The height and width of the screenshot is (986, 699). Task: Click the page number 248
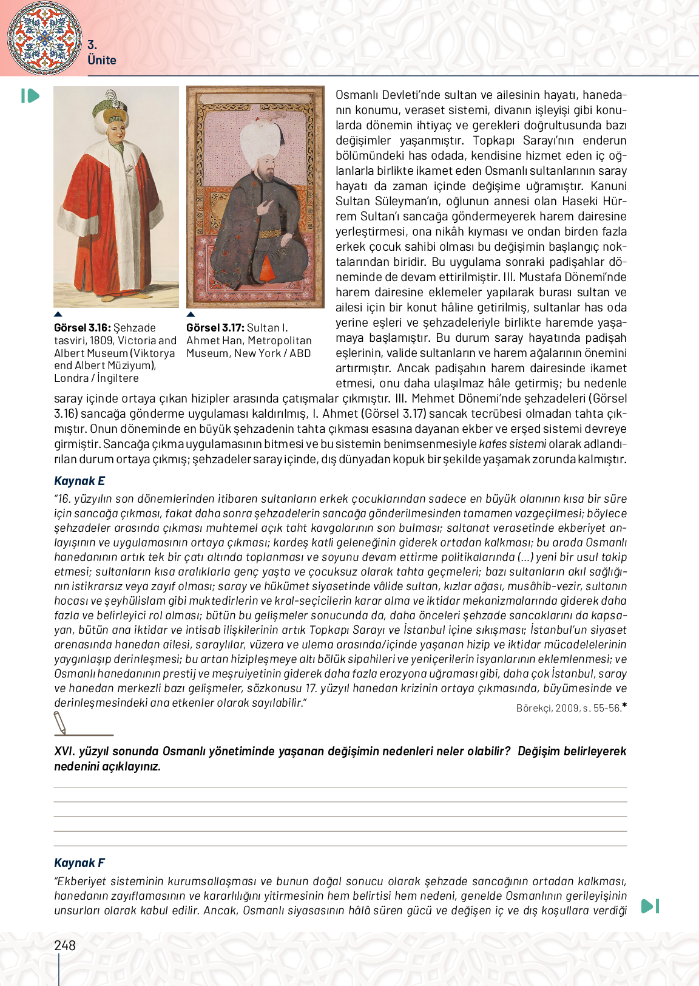pos(65,945)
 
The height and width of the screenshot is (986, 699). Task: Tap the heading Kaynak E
pos(79,481)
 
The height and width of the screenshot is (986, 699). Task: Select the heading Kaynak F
pos(79,863)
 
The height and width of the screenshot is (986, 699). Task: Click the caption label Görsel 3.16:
pos(82,328)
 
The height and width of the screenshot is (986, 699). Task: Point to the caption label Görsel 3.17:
pos(215,328)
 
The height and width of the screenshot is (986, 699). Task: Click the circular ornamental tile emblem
pos(44,38)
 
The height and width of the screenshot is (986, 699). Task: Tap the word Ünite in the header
pos(102,60)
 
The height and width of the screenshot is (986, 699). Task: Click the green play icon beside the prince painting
pos(30,96)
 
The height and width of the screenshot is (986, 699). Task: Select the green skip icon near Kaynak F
pos(650,906)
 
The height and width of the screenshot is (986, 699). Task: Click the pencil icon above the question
pos(60,722)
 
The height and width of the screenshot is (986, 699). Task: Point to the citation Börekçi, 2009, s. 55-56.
pos(569,708)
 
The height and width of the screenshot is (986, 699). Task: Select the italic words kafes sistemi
pos(512,444)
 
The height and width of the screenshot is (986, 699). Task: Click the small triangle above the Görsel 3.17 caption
pos(191,314)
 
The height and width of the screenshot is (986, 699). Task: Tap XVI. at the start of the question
pos(64,751)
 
